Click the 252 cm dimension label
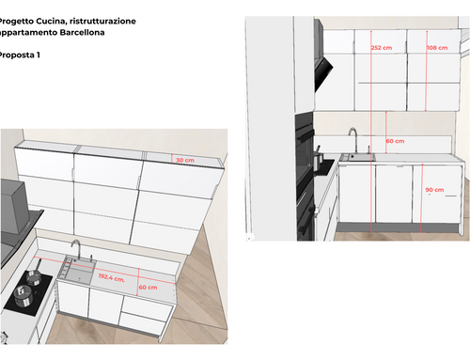382,48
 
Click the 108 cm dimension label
437,48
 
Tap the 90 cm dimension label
434,190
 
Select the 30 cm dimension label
185,160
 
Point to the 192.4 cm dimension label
112,277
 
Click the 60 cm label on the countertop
148,288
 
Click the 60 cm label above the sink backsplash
395,141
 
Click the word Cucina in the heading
51,22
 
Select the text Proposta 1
19,55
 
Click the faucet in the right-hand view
353,139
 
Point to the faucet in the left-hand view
76,249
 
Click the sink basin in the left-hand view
79,271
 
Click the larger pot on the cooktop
23,295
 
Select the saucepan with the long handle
34,274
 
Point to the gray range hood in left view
14,207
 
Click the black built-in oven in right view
305,177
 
